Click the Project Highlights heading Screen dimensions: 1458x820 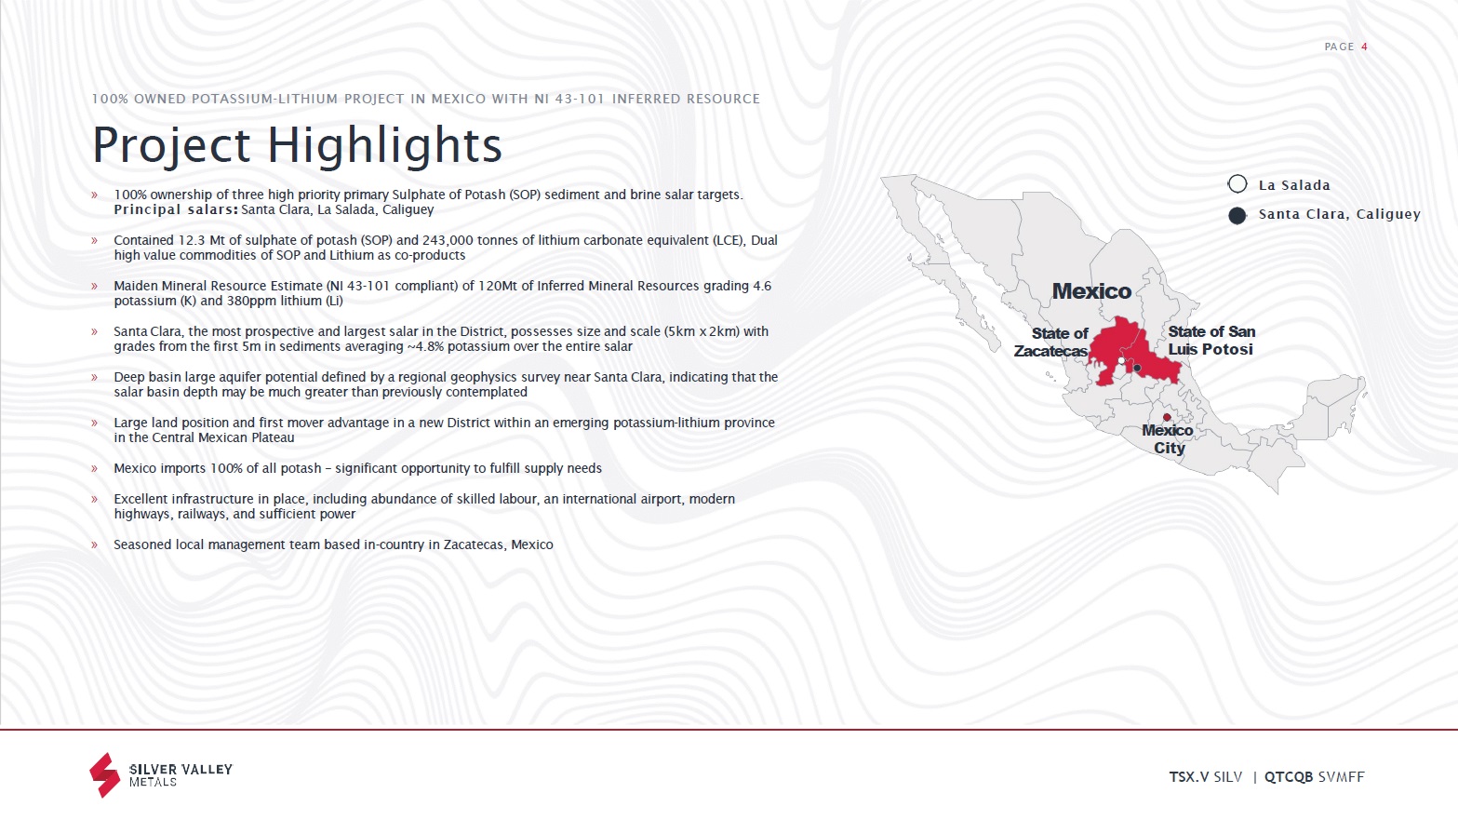(x=298, y=145)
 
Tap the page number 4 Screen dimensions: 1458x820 (x=1364, y=47)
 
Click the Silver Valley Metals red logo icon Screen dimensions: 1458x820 (x=104, y=775)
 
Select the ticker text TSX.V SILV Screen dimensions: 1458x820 (x=1206, y=777)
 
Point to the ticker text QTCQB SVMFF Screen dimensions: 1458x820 (x=1314, y=777)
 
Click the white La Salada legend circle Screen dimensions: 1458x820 (x=1237, y=184)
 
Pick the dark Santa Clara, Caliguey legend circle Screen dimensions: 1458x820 (x=1237, y=216)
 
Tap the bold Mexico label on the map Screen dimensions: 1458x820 (x=1091, y=291)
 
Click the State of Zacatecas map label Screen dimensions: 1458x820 (x=1050, y=342)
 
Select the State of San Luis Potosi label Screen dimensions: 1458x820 (x=1211, y=341)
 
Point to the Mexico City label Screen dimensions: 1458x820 (x=1168, y=439)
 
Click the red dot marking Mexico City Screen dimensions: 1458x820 (x=1167, y=417)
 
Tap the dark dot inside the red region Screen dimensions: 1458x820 (x=1137, y=368)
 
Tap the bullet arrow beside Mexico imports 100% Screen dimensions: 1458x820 (x=94, y=468)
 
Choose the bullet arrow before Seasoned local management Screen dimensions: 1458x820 (x=94, y=544)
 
